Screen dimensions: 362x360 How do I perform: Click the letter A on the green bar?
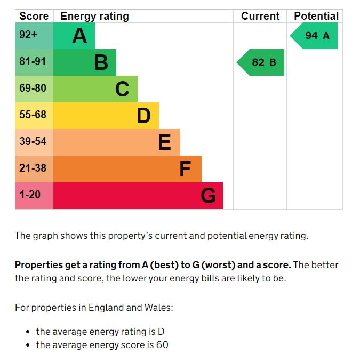click(79, 36)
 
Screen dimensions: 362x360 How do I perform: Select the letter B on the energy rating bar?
click(101, 63)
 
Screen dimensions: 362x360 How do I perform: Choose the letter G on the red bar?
click(209, 196)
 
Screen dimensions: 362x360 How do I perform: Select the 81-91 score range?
click(33, 62)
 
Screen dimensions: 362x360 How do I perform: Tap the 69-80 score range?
click(33, 89)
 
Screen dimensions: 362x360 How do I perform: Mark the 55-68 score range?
click(33, 115)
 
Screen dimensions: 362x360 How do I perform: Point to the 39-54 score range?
click(33, 142)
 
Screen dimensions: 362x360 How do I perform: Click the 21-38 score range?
click(33, 168)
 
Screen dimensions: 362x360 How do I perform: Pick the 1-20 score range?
click(30, 195)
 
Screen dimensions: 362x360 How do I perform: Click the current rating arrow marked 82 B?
click(261, 62)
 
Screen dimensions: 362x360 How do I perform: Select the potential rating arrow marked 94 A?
click(315, 36)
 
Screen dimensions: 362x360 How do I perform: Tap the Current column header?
click(260, 16)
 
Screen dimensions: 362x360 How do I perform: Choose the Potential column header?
click(316, 16)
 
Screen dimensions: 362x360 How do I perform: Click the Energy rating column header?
click(94, 16)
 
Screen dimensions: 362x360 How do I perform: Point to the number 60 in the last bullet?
click(162, 345)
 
